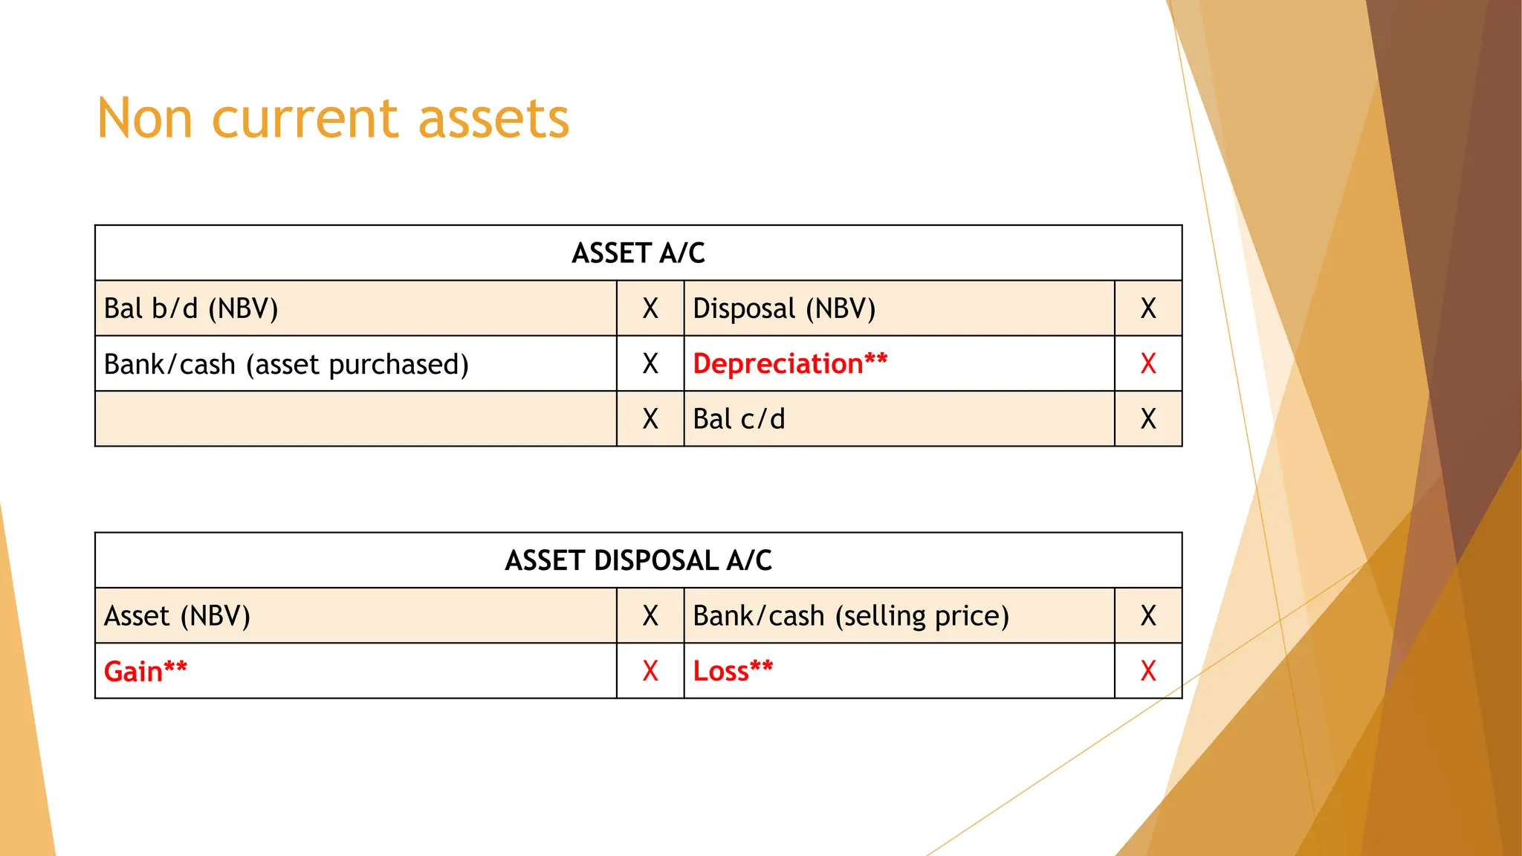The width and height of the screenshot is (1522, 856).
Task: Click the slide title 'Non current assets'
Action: pos(333,119)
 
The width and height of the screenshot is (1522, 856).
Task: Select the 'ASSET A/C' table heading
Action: pos(638,253)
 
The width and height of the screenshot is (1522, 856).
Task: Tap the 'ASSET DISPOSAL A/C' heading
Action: pos(638,560)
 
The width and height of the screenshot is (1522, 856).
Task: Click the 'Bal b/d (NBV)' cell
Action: pos(191,308)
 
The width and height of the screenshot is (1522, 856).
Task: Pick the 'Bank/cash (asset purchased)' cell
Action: pos(286,364)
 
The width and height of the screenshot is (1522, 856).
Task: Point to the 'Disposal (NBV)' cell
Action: pos(784,308)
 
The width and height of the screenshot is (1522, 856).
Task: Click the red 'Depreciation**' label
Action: pos(790,364)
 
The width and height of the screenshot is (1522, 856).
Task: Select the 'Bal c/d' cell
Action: pos(739,419)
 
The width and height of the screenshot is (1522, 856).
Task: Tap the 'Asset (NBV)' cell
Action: pos(177,616)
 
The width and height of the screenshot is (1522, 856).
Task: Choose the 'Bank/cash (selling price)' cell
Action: pos(851,616)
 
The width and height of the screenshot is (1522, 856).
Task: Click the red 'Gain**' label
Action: pos(146,672)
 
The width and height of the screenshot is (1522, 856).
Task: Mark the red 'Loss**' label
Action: pos(733,671)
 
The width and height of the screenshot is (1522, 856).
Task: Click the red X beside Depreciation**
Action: pos(1148,364)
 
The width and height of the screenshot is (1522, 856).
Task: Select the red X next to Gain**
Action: pos(650,672)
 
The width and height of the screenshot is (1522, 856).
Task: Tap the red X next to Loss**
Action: pos(1148,672)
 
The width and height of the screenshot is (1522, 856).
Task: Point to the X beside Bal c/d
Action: pos(1148,419)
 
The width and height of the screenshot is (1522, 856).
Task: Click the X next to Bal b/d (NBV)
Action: pos(650,308)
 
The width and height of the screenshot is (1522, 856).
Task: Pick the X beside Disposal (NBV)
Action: pos(1148,308)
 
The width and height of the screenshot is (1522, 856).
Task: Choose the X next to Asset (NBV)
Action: pos(650,616)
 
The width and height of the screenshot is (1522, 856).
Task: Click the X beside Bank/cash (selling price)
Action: pos(1148,616)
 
